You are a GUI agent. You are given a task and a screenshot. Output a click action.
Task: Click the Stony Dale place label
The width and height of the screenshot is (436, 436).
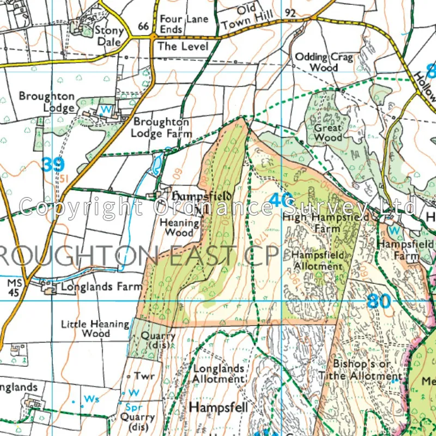coord(110,36)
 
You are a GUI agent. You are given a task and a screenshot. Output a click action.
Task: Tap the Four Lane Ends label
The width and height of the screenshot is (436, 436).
coord(184,24)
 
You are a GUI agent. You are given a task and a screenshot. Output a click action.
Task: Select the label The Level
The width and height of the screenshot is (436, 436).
coord(183,47)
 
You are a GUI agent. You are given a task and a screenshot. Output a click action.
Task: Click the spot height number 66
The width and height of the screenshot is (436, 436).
coord(144,26)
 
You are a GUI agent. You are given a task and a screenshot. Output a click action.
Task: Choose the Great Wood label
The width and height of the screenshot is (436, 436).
coord(328,133)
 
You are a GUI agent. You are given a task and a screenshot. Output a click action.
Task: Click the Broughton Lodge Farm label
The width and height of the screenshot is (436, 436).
coord(162,128)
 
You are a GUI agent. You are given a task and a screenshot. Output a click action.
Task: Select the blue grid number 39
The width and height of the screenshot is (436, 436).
coord(53,165)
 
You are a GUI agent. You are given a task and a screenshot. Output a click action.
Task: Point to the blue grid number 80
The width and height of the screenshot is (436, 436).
coord(379,301)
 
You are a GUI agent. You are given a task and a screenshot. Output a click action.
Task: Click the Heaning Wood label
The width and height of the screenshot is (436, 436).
coord(179,227)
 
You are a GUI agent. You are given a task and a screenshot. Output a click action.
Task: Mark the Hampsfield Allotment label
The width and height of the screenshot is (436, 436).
coord(318,261)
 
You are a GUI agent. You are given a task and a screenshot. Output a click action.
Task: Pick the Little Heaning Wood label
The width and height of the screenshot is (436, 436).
coord(95,328)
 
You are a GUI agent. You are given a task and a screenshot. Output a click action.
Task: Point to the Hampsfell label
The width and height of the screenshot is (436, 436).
coord(219,408)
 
